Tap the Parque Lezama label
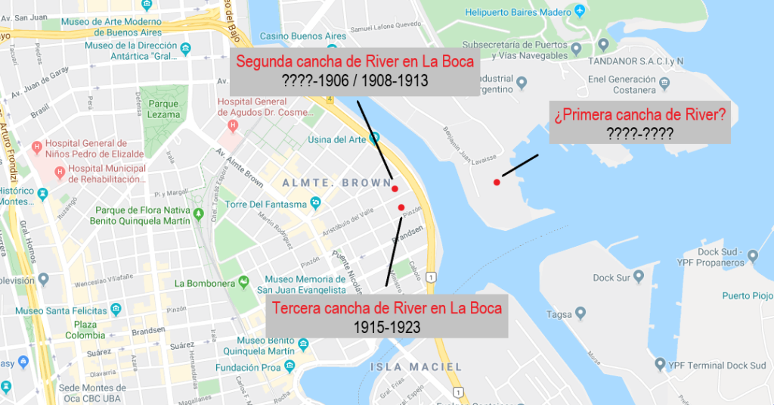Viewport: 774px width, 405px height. pos(164,109)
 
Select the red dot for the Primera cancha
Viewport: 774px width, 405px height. pos(497,182)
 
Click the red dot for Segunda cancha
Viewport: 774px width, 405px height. pos(395,188)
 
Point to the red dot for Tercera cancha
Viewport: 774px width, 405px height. pos(401,207)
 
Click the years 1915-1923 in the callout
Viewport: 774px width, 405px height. pos(387,327)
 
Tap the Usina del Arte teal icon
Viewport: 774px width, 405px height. pos(373,139)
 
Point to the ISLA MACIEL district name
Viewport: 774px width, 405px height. pos(416,367)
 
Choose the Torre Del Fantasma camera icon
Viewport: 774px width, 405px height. pos(316,202)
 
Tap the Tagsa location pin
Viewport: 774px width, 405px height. pos(580,313)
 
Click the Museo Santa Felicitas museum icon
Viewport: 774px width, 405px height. pos(116,310)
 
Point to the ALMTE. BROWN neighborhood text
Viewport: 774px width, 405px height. pos(336,183)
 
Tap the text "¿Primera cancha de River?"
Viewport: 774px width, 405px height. pos(639,116)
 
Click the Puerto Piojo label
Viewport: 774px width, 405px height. pos(748,295)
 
